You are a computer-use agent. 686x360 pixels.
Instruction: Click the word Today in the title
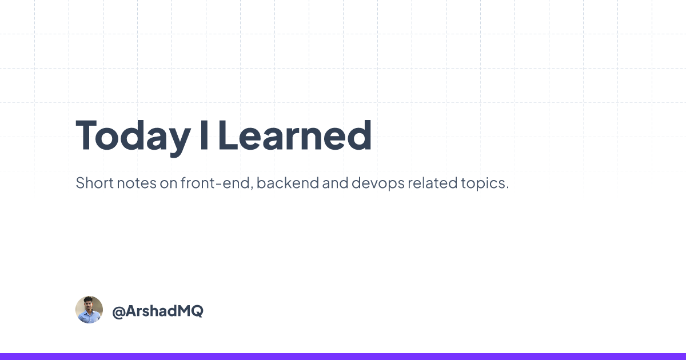[133, 137]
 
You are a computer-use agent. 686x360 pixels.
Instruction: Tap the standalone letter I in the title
[204, 135]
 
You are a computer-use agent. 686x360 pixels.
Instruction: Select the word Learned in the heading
[295, 135]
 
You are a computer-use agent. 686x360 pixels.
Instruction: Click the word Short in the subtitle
[95, 183]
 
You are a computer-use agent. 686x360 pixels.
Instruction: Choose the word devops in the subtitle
[378, 183]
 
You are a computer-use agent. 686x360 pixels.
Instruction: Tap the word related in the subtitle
[432, 183]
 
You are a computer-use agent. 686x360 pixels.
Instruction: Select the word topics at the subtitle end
[485, 183]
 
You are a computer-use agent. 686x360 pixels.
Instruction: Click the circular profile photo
[89, 310]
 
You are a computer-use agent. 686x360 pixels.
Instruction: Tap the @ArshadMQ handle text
[158, 311]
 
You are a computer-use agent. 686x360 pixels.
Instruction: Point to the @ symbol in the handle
[118, 312]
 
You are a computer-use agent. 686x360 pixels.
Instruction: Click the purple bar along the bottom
[343, 357]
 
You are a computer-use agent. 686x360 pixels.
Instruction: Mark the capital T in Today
[86, 135]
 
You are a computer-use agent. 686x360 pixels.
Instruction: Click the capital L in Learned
[228, 135]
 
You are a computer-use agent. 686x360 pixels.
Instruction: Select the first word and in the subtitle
[336, 183]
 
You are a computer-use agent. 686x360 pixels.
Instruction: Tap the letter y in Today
[178, 143]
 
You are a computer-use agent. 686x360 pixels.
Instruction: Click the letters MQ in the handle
[190, 311]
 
